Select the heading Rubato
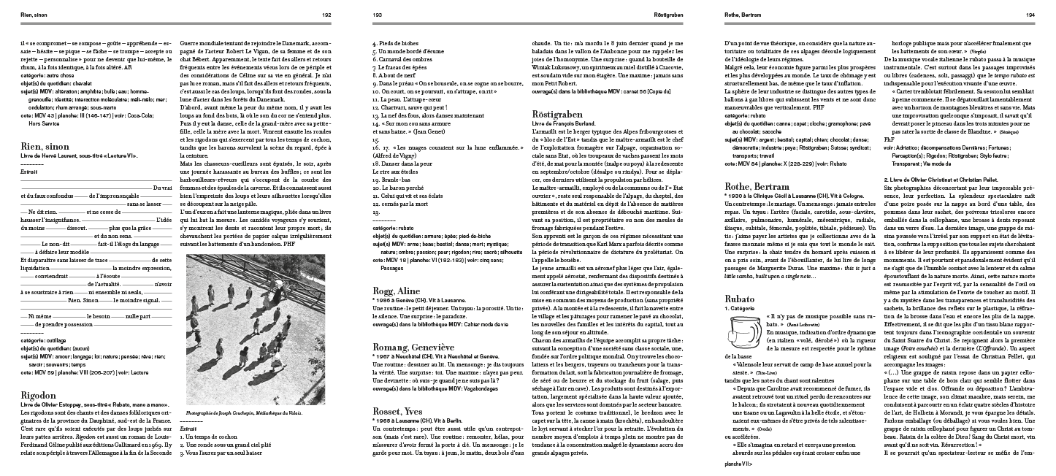coord(739,298)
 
